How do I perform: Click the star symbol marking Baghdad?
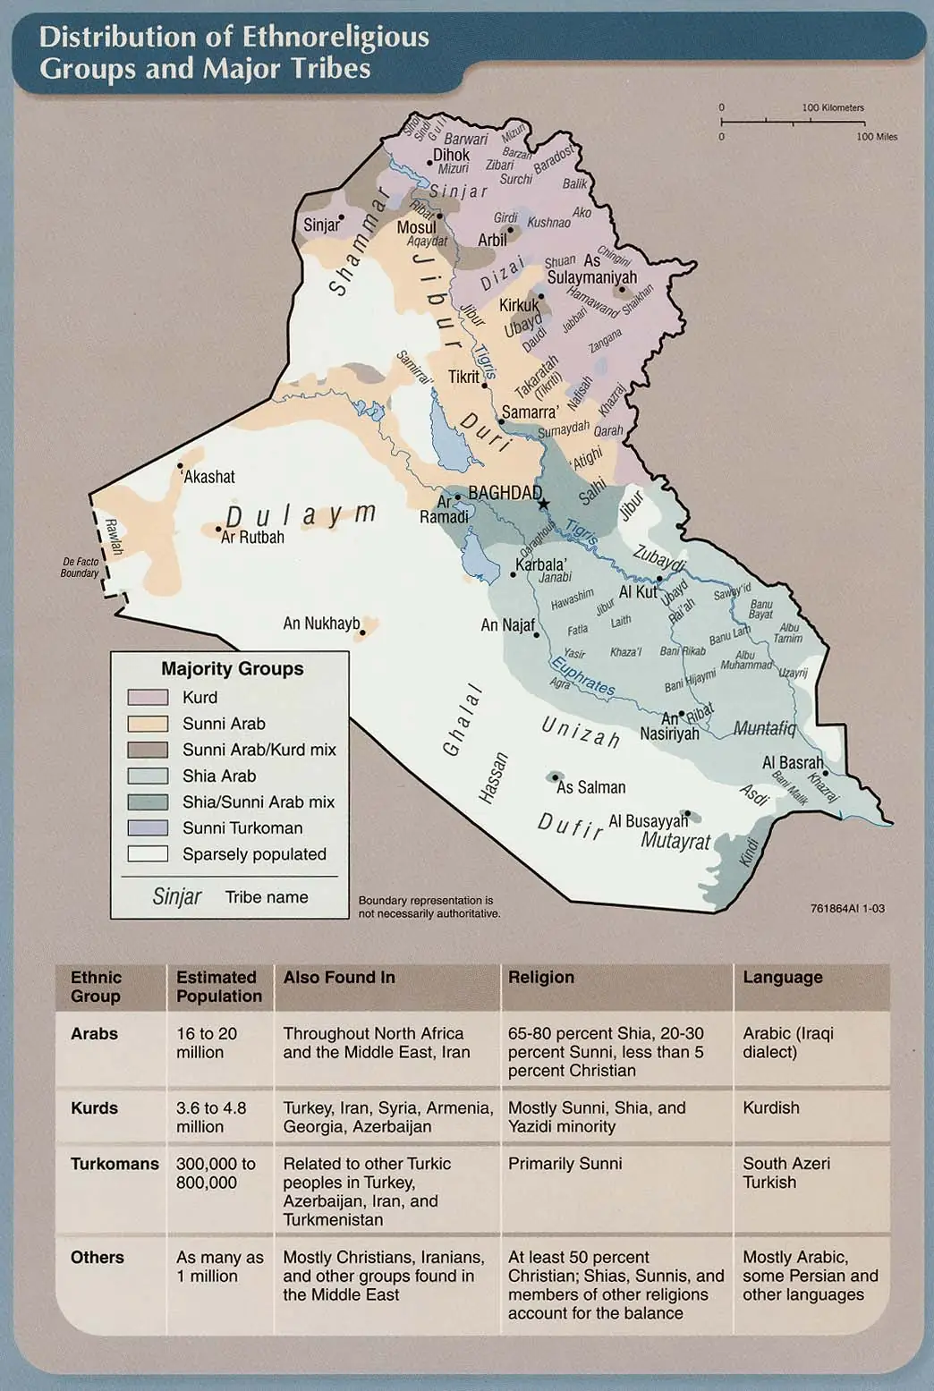(543, 505)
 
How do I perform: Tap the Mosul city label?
(416, 227)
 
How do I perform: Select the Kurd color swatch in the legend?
(148, 698)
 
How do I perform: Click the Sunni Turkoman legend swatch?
(148, 828)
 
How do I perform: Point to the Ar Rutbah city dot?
(219, 530)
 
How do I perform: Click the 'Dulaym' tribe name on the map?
(300, 515)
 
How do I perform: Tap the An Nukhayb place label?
(321, 623)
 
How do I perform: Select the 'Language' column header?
(782, 977)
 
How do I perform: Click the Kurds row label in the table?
(94, 1107)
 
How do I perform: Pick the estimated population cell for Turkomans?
(216, 1173)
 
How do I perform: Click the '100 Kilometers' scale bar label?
(833, 107)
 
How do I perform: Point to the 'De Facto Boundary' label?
(80, 567)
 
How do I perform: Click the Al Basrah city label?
(792, 763)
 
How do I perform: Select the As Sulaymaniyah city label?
(592, 269)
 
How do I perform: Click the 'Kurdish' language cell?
(770, 1107)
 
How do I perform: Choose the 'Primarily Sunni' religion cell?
(565, 1164)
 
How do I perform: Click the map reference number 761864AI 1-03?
(846, 908)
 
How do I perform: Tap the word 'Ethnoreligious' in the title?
(335, 37)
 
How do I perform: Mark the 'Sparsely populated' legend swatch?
(148, 854)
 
